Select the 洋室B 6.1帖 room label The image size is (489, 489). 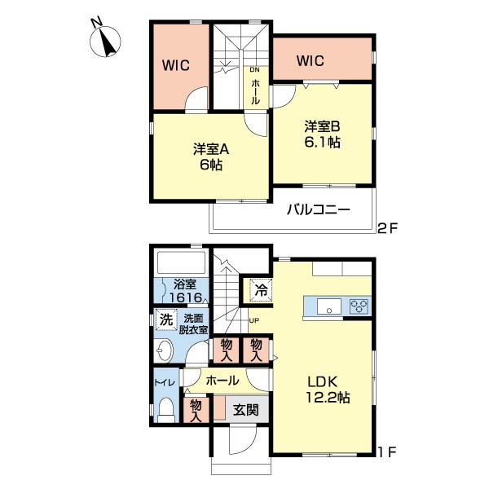(323, 134)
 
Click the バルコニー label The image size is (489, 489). (318, 209)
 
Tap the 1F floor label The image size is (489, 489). (386, 449)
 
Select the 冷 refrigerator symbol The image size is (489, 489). (261, 289)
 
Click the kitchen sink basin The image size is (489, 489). (330, 306)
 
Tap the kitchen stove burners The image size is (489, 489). (359, 306)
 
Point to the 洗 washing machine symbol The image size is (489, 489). (165, 319)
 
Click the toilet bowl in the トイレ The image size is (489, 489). (165, 408)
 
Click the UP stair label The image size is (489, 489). (253, 320)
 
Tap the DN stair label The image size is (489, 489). (254, 71)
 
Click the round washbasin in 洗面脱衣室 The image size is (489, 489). (164, 351)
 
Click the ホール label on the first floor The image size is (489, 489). (222, 381)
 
